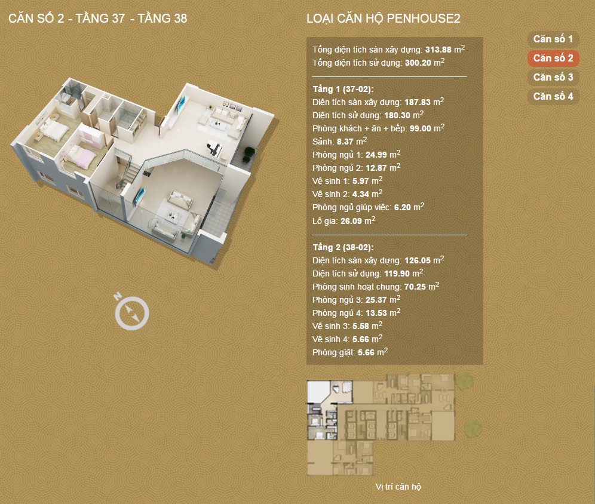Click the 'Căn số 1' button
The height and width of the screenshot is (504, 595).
pyautogui.click(x=553, y=39)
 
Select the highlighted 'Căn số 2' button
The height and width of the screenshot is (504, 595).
pyautogui.click(x=553, y=58)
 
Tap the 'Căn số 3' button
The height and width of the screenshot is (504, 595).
pyautogui.click(x=553, y=78)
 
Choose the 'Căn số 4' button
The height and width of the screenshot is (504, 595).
pyautogui.click(x=553, y=96)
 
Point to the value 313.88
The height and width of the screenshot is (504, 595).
pyautogui.click(x=438, y=50)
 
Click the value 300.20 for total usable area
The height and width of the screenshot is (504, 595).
pyautogui.click(x=418, y=63)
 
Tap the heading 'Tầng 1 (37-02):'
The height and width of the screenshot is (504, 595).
pyautogui.click(x=343, y=89)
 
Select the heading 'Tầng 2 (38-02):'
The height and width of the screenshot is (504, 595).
pyautogui.click(x=343, y=247)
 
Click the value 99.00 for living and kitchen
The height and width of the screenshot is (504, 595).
pyautogui.click(x=421, y=128)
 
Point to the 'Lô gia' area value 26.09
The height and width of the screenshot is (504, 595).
pyautogui.click(x=351, y=221)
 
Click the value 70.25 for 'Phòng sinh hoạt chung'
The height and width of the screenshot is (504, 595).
pyautogui.click(x=415, y=287)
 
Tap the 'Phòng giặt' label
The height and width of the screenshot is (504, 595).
pyautogui.click(x=333, y=353)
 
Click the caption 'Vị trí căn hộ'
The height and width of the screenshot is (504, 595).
pyautogui.click(x=398, y=487)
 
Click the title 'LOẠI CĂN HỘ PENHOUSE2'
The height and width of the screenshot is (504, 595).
pyautogui.click(x=384, y=19)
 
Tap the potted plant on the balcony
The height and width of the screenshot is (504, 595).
pyautogui.click(x=249, y=153)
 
